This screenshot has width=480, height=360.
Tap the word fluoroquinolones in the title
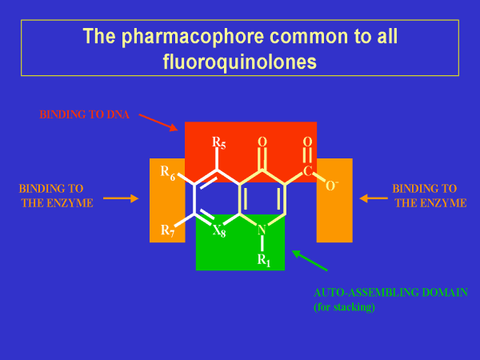click(240, 60)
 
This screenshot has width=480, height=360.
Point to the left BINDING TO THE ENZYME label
click(55, 196)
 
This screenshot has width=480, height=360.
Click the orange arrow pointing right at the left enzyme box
click(121, 198)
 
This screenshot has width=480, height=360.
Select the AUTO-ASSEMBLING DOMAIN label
click(390, 294)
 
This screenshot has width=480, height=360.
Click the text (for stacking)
click(344, 306)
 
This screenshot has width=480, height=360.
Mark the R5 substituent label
click(218, 143)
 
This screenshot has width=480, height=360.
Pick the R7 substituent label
click(168, 231)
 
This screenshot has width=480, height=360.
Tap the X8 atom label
click(218, 231)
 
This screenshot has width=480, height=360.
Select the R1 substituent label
click(263, 259)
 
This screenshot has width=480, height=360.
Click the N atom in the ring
click(262, 231)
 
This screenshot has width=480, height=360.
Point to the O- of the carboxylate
click(331, 186)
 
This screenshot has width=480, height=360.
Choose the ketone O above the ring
click(262, 142)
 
